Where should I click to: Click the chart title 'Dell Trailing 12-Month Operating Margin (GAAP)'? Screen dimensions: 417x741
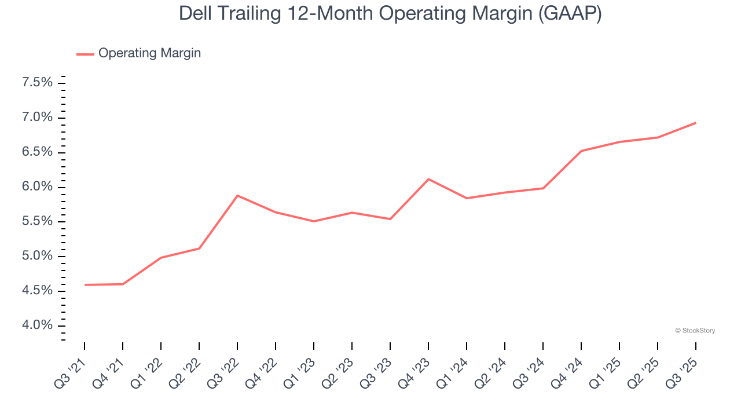point(390,14)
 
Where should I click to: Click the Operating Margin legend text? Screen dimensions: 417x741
point(149,53)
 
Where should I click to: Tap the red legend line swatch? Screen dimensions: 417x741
point(85,54)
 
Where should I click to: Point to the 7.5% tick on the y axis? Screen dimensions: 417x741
point(38,83)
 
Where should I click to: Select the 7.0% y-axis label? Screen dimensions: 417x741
point(38,118)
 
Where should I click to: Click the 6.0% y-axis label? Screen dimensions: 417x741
point(38,187)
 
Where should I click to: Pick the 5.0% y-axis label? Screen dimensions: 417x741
point(38,256)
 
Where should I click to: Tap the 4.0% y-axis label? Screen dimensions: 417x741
point(38,325)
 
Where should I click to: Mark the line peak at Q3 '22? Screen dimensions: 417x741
point(237,196)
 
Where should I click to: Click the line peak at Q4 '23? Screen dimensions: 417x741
point(428,179)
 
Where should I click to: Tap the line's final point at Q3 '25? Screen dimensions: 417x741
point(695,123)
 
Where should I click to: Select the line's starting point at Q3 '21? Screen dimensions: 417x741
point(85,285)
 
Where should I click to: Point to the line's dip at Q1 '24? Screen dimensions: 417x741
point(467,198)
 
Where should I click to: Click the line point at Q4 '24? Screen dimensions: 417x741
point(581,151)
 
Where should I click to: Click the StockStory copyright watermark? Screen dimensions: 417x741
point(695,331)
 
